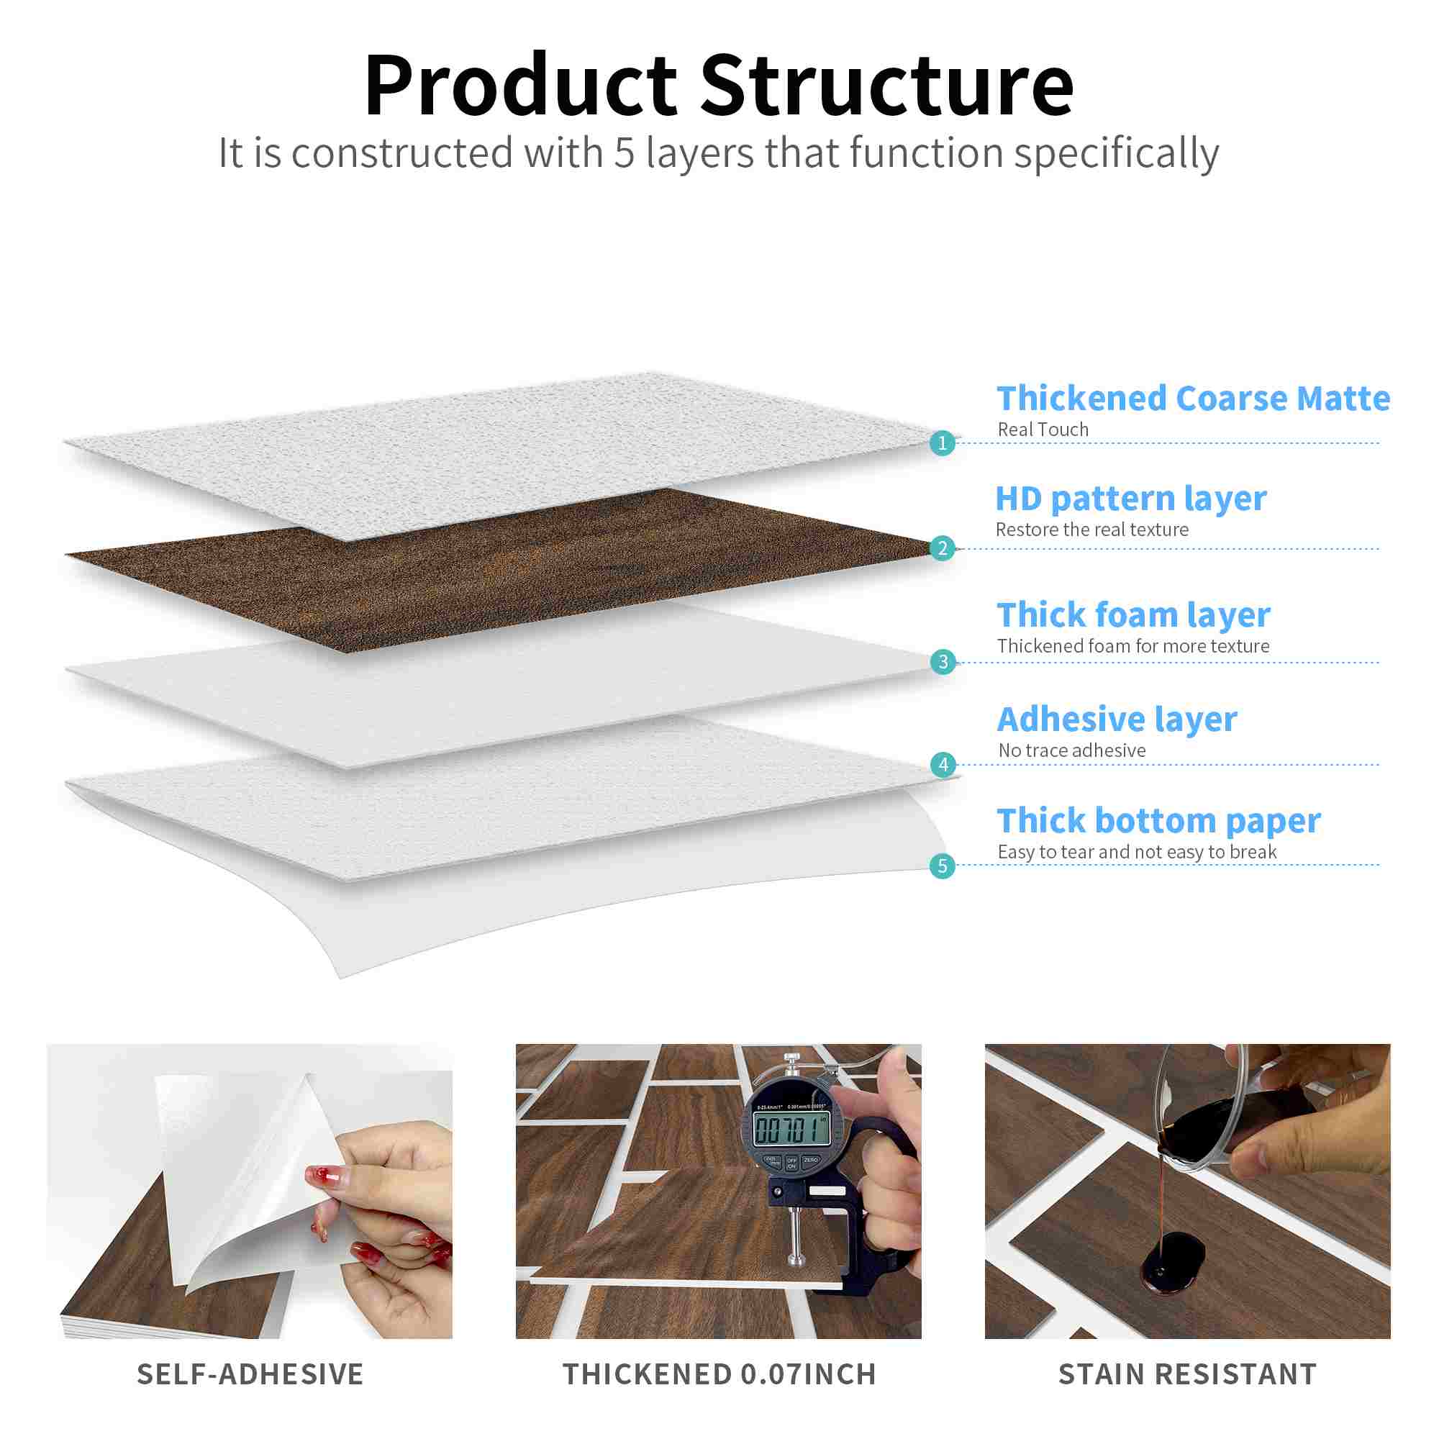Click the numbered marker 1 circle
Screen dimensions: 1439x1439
943,443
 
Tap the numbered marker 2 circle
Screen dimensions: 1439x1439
943,548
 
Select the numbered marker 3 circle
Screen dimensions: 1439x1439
943,661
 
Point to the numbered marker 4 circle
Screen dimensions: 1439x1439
943,764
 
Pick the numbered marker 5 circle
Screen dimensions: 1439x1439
943,866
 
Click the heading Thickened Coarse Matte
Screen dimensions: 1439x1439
1193,399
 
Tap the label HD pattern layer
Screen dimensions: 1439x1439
1130,500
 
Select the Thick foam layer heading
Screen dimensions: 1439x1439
1134,616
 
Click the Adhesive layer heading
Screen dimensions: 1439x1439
1117,720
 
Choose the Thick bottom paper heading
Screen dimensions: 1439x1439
1159,822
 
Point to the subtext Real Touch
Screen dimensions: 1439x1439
1043,430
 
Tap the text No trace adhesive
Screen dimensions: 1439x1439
1072,750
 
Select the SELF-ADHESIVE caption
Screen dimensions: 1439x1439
250,1374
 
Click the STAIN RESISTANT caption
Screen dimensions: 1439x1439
1187,1374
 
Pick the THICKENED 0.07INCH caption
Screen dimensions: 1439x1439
719,1374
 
